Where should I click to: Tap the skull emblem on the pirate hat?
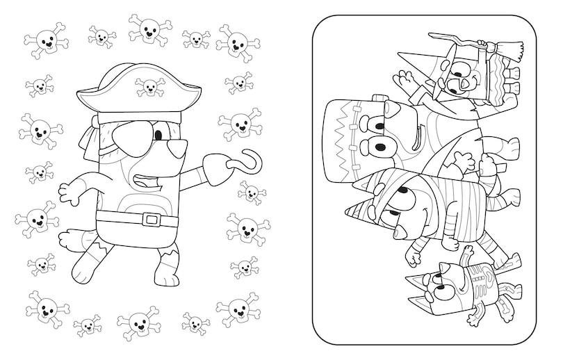point(149,86)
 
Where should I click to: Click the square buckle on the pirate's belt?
point(151,220)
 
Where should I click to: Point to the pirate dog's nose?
point(180,147)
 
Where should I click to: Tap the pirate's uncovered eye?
point(161,131)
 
